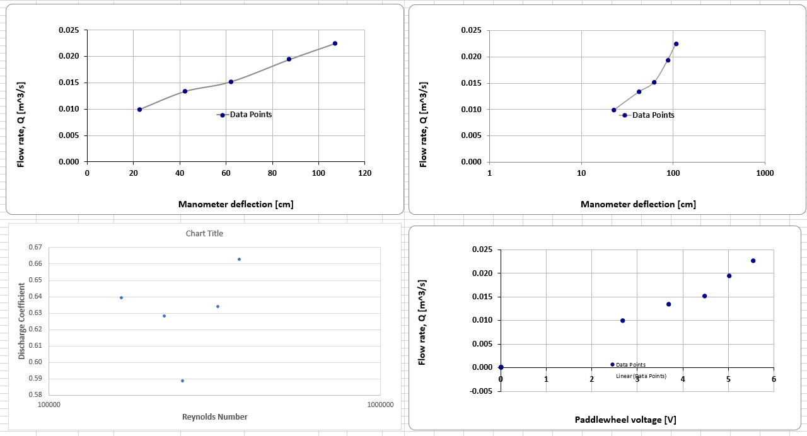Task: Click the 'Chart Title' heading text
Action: tap(204, 234)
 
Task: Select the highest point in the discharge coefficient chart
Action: tap(239, 259)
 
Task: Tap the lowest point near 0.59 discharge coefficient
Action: tap(182, 381)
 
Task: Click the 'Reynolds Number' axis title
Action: tap(214, 416)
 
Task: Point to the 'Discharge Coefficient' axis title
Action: tap(21, 321)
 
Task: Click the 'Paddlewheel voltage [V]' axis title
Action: tap(625, 420)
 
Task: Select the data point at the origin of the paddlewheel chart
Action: tap(501, 367)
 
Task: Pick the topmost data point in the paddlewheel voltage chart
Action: tap(753, 261)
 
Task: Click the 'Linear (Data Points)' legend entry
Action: tap(641, 376)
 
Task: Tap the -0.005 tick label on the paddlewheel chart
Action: tap(480, 391)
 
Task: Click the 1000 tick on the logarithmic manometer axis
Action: tap(765, 173)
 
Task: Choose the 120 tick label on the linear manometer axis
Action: tap(364, 173)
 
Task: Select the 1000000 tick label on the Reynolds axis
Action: tap(380, 404)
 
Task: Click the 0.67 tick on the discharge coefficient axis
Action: tap(35, 248)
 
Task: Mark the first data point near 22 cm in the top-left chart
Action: tap(139, 110)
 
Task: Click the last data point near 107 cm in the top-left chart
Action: tap(335, 43)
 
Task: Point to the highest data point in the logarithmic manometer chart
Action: tap(676, 44)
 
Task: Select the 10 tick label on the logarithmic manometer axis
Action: tap(581, 173)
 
